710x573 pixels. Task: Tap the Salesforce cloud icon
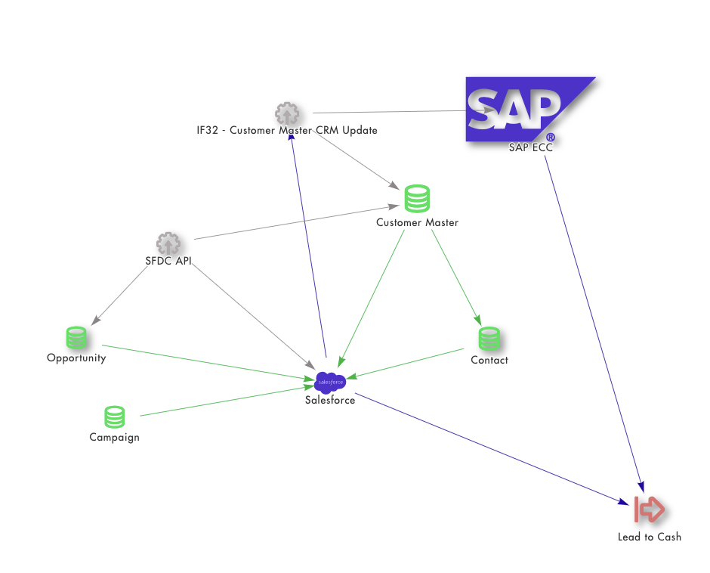330,383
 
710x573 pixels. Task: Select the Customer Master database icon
417,199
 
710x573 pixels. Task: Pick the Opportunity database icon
76,338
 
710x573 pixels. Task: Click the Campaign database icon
114,417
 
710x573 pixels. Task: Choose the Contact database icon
489,339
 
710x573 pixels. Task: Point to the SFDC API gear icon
168,243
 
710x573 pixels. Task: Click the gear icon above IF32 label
287,113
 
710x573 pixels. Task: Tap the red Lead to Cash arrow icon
650,510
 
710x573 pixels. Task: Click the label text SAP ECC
531,147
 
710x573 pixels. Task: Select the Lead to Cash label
650,537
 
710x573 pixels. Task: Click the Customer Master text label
417,222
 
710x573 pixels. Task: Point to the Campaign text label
114,438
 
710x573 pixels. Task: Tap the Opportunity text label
76,358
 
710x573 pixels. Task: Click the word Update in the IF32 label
360,130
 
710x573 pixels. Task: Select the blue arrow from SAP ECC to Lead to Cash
594,324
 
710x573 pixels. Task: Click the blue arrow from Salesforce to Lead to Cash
492,449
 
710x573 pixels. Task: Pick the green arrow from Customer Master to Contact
456,277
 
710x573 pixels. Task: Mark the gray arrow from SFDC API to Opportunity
119,296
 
